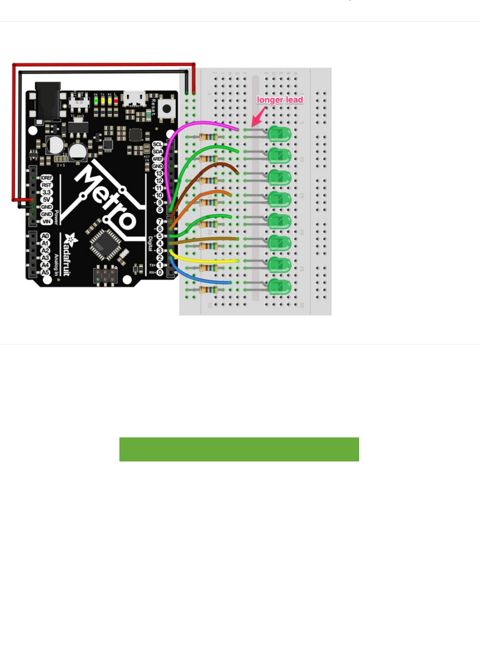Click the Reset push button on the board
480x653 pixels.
click(166, 109)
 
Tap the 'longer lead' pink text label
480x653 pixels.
click(280, 100)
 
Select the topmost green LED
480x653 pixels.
click(279, 134)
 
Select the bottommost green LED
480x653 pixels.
click(279, 287)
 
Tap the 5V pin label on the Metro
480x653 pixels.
click(46, 200)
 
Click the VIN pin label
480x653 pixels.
click(46, 221)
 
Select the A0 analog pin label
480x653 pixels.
click(45, 236)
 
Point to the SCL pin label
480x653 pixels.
click(157, 144)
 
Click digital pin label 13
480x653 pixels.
click(159, 174)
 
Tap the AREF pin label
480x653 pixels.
click(157, 159)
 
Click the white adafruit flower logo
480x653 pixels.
click(71, 239)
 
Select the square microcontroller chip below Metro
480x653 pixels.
click(104, 243)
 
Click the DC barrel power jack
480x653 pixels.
click(48, 101)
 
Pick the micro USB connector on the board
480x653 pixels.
click(135, 99)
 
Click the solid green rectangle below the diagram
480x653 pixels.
click(239, 449)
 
